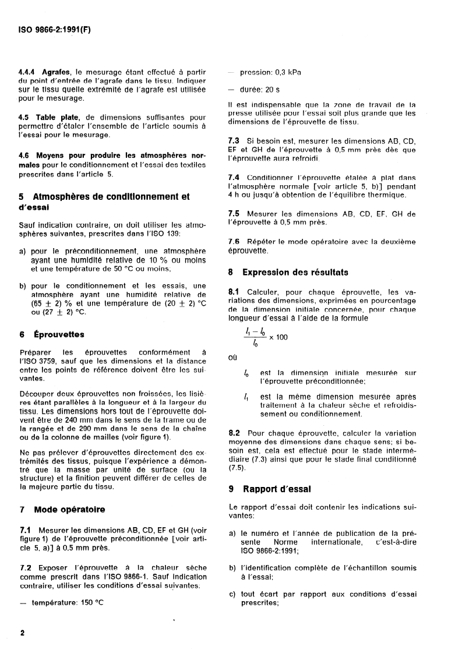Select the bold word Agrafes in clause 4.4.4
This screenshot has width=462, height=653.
tap(53, 72)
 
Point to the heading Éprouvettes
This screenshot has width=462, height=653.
tap(60, 334)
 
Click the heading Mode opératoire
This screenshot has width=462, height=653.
tap(69, 509)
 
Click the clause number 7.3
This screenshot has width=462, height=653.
tap(233, 142)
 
